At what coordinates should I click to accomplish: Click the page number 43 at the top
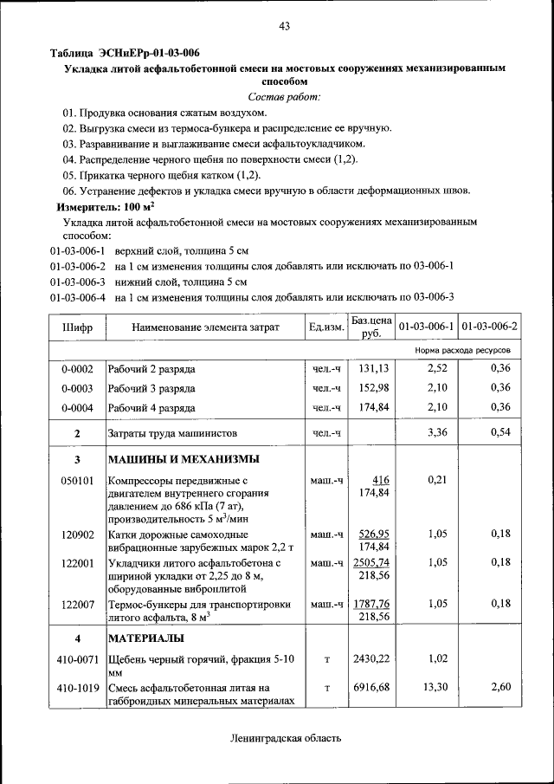283,27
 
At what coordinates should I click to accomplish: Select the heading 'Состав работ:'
284,96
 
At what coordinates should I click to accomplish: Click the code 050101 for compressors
77,480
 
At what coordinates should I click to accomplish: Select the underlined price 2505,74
370,562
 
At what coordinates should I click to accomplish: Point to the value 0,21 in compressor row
437,480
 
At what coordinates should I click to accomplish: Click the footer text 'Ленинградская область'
286,739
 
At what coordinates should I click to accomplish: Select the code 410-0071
77,660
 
